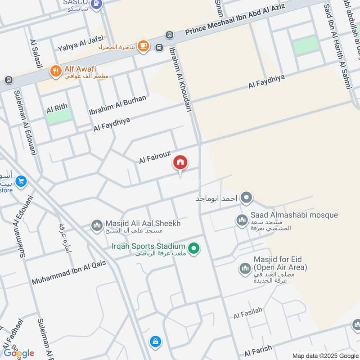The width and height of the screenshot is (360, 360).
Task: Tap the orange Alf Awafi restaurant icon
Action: point(55,71)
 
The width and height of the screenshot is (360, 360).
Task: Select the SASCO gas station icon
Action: point(96,4)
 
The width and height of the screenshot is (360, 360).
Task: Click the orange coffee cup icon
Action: point(143,46)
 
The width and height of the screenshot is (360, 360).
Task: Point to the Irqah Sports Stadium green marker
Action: point(194,248)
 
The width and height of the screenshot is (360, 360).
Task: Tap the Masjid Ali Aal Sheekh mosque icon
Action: point(97,225)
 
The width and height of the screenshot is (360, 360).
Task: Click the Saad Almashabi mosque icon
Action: point(242,220)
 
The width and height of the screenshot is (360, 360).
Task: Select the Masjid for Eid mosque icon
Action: point(245,268)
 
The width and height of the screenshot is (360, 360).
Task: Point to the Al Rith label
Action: point(57,107)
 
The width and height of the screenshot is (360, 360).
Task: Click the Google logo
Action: point(18,353)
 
